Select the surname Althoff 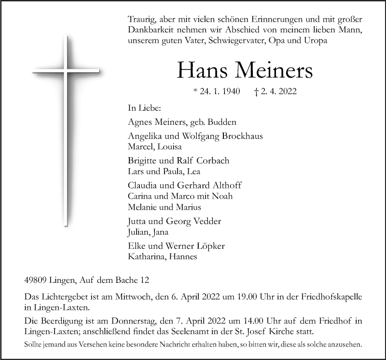point(227,185)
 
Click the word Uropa point(315,41)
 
